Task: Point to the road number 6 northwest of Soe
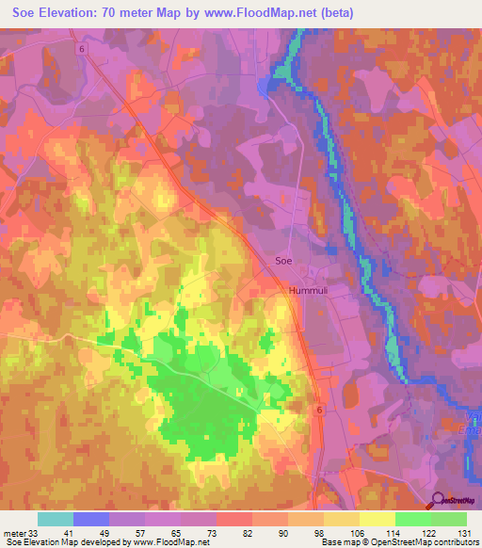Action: click(x=82, y=50)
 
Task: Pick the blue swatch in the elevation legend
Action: click(x=90, y=519)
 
